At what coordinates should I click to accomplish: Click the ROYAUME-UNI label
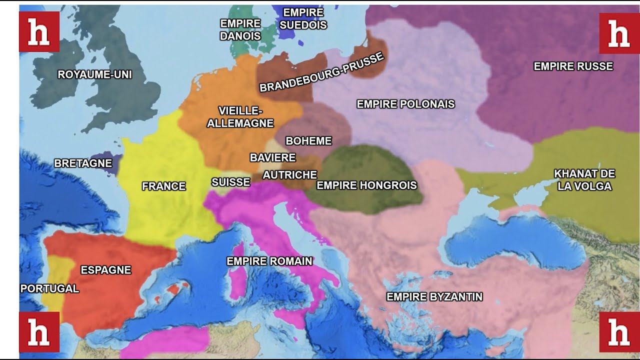tap(94, 75)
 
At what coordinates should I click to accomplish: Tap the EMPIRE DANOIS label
tap(240, 30)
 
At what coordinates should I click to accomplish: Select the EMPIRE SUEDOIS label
tap(303, 19)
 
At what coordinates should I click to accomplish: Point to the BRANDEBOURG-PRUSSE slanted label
tap(321, 72)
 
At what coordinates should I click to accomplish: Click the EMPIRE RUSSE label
tap(573, 66)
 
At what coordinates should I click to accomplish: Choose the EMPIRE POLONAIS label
tap(405, 104)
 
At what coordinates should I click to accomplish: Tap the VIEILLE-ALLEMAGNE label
tap(240, 117)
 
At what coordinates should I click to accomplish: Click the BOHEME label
tap(308, 141)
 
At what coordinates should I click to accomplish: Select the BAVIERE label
tap(272, 158)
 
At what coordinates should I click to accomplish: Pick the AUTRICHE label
tap(289, 175)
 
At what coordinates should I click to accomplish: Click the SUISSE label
tap(230, 182)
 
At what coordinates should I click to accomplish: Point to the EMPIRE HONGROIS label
tap(366, 185)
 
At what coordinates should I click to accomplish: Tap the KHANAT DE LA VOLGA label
tap(584, 180)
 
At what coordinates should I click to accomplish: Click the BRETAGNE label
tap(83, 163)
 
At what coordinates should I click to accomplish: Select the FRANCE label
tap(163, 186)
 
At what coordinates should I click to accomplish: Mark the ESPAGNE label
tap(105, 270)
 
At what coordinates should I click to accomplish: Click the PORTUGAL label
tap(49, 288)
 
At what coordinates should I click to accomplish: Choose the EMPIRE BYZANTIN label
tap(434, 297)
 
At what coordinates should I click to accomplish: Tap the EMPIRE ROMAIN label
tap(269, 261)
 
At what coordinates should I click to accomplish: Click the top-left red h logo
tap(39, 32)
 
